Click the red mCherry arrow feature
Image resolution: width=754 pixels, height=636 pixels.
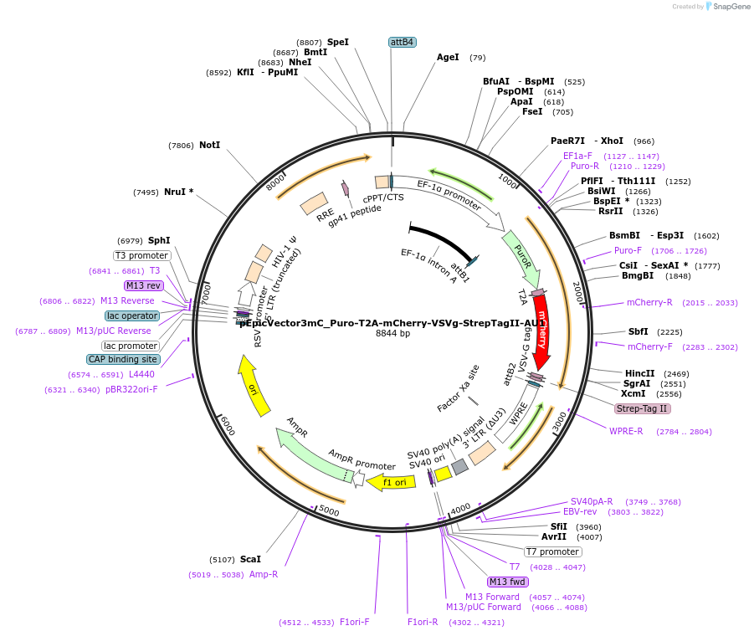pyautogui.click(x=541, y=331)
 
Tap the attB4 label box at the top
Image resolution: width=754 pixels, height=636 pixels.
pyautogui.click(x=403, y=42)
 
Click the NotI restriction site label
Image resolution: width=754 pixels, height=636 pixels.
pyautogui.click(x=209, y=145)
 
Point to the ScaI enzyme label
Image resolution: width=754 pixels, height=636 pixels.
pyautogui.click(x=250, y=559)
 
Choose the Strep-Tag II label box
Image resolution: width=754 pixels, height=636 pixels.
pyautogui.click(x=642, y=408)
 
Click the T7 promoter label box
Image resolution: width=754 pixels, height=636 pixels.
pyautogui.click(x=552, y=551)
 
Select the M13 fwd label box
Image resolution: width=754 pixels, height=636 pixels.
pyautogui.click(x=508, y=582)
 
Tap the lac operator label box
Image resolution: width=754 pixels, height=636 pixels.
pyautogui.click(x=132, y=315)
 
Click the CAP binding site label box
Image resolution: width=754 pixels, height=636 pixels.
pyautogui.click(x=122, y=359)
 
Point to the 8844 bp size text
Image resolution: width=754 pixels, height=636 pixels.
pyautogui.click(x=392, y=333)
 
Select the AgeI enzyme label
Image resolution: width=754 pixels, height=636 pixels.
pyautogui.click(x=448, y=58)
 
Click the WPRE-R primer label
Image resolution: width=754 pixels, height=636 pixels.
pyautogui.click(x=626, y=431)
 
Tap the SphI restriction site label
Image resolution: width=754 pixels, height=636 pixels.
pyautogui.click(x=159, y=240)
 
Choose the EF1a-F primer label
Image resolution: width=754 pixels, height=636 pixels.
pyautogui.click(x=577, y=156)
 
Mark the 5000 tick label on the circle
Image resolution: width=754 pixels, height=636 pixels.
pyautogui.click(x=329, y=510)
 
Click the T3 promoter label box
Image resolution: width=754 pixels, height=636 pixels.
pyautogui.click(x=141, y=255)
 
